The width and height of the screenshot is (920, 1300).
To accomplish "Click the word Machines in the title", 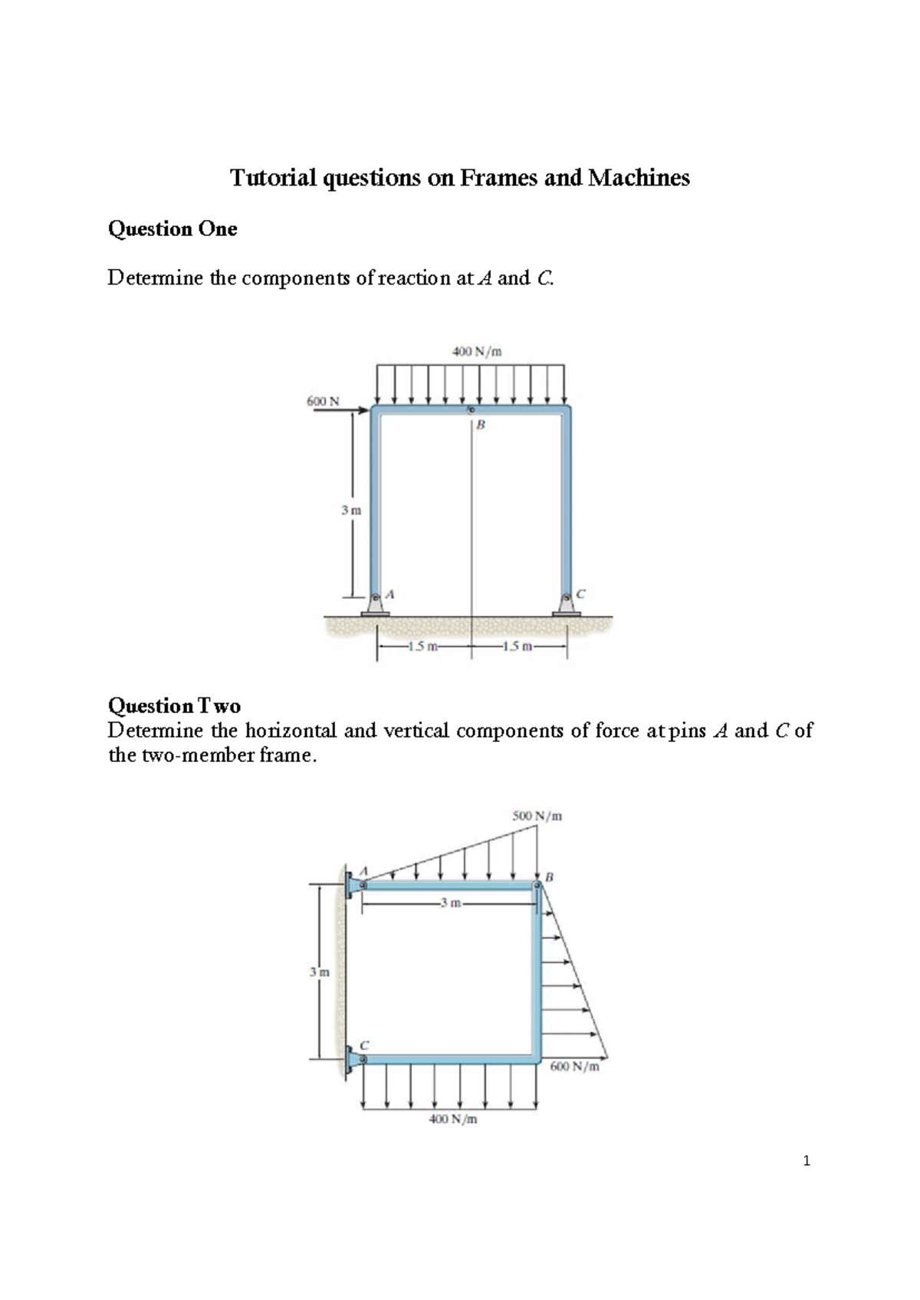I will [639, 178].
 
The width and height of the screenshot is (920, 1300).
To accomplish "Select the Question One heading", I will [172, 228].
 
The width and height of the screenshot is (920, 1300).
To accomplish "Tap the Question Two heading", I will [174, 705].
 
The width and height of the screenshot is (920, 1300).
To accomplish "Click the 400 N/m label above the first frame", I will [476, 352].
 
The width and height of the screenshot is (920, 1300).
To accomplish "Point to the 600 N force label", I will [323, 401].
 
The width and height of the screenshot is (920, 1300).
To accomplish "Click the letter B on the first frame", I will [481, 425].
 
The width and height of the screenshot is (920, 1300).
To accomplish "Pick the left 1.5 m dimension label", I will [422, 646].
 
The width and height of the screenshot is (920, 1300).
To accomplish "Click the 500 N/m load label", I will [537, 816].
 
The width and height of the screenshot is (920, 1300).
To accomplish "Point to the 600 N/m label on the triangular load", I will [574, 1066].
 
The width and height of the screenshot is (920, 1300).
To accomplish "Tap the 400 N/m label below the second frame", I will [452, 1119].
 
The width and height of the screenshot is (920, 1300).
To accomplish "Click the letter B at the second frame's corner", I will [549, 876].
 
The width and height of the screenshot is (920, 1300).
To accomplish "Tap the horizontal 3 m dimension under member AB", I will [451, 903].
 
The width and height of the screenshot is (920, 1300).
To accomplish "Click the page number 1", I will [806, 1161].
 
